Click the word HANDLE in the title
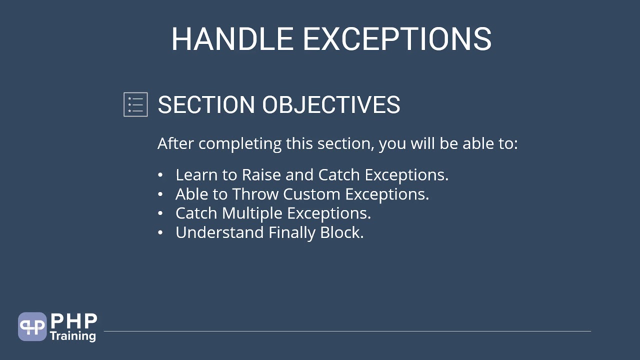tap(232, 39)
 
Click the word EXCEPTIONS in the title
tap(397, 39)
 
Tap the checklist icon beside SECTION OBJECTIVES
tap(135, 104)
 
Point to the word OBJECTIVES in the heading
tap(331, 105)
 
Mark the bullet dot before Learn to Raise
tap(160, 175)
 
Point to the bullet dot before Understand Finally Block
tap(160, 233)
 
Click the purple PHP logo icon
tap(32, 326)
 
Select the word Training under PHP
tap(73, 335)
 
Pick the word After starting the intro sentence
tap(176, 144)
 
